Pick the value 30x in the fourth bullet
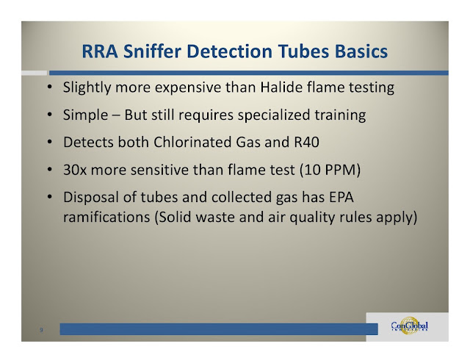tap(75, 170)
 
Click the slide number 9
tap(42, 331)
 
